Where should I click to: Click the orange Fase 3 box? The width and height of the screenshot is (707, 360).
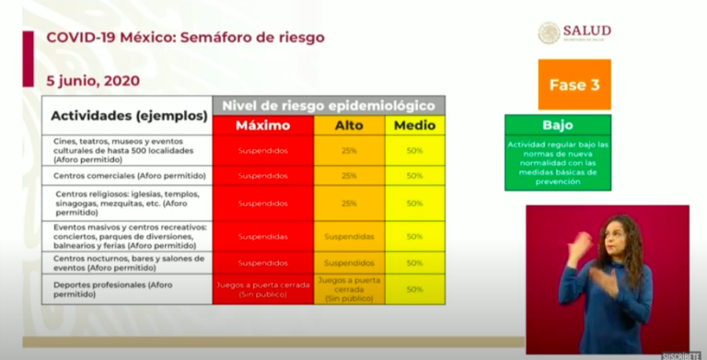tap(574, 85)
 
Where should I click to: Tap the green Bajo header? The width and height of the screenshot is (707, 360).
tap(557, 125)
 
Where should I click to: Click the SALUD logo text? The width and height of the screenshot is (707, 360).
tap(588, 31)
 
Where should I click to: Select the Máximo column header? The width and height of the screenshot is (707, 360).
tap(262, 125)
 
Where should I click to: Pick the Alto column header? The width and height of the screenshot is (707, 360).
tap(349, 125)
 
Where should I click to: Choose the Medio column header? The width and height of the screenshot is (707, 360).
tap(415, 125)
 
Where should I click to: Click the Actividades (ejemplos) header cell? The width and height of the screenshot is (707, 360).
tap(128, 116)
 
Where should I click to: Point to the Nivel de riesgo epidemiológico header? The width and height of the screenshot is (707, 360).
tap(329, 105)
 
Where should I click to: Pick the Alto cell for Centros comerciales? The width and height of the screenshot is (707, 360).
tap(349, 175)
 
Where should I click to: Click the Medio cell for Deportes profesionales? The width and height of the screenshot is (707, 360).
tap(415, 289)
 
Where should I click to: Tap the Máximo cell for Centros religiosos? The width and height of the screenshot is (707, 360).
tap(262, 203)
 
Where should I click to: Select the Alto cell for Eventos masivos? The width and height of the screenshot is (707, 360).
tap(349, 237)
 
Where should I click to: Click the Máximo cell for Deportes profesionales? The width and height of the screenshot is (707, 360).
tap(262, 289)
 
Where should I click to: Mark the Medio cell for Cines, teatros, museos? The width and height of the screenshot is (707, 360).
tap(415, 149)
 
